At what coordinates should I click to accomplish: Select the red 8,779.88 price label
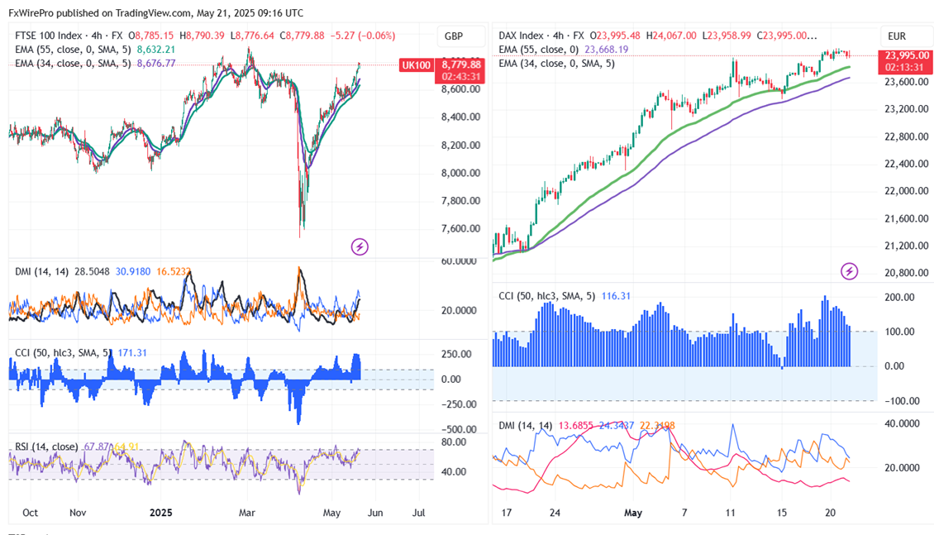pyautogui.click(x=461, y=64)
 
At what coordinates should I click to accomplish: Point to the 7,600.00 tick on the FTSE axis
pyautogui.click(x=461, y=228)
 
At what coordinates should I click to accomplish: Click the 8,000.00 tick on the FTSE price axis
pyautogui.click(x=461, y=173)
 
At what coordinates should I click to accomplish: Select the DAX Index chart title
pyautogui.click(x=521, y=36)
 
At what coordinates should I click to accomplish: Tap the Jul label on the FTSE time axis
pyautogui.click(x=419, y=513)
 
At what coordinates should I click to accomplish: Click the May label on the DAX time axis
pyautogui.click(x=633, y=513)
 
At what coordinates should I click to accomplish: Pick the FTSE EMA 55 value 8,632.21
pyautogui.click(x=156, y=50)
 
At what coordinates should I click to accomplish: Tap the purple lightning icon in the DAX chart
pyautogui.click(x=849, y=270)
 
